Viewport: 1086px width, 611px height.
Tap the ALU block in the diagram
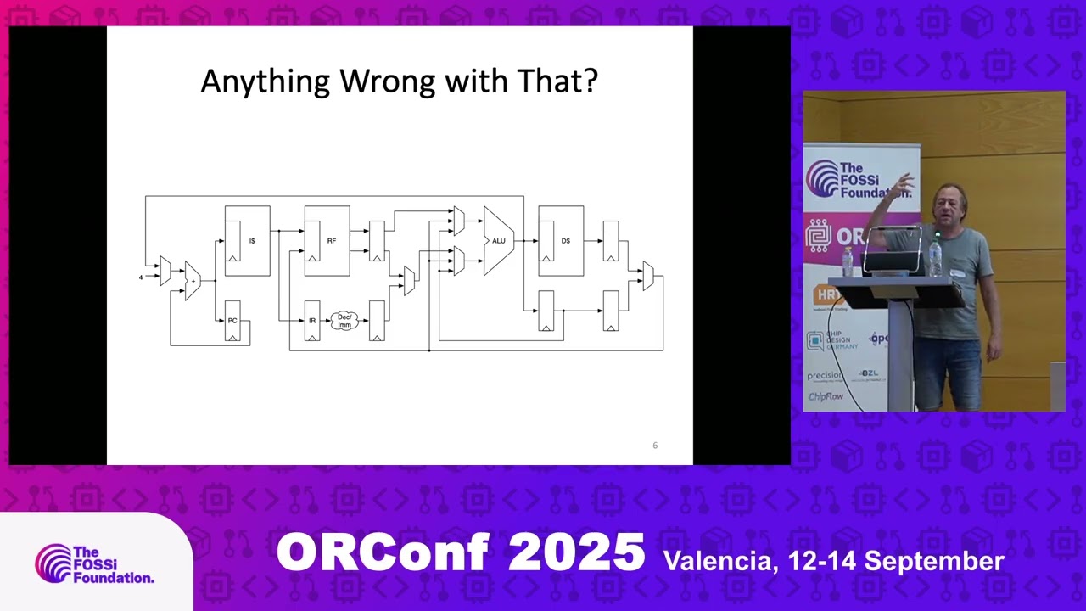click(x=498, y=241)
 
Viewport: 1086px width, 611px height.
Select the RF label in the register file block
click(x=332, y=241)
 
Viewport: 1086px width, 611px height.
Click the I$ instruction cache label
click(x=252, y=241)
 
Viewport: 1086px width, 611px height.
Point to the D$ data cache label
click(x=566, y=241)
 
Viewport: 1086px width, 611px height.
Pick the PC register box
click(x=232, y=321)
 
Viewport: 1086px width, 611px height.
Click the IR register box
click(x=312, y=321)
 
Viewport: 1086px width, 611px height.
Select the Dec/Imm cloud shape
click(x=344, y=321)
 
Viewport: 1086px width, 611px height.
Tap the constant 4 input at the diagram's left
click(x=141, y=277)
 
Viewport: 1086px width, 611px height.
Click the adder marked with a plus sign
click(x=193, y=281)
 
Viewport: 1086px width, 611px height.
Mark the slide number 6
click(x=654, y=446)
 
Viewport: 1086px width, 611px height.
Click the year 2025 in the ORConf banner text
click(x=576, y=553)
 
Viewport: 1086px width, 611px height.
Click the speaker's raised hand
click(x=904, y=182)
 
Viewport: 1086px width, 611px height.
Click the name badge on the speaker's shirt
click(x=957, y=273)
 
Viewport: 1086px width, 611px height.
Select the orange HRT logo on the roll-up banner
click(x=827, y=295)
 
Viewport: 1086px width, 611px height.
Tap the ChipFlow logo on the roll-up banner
click(x=826, y=396)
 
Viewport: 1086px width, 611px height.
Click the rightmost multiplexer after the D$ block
click(x=647, y=276)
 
